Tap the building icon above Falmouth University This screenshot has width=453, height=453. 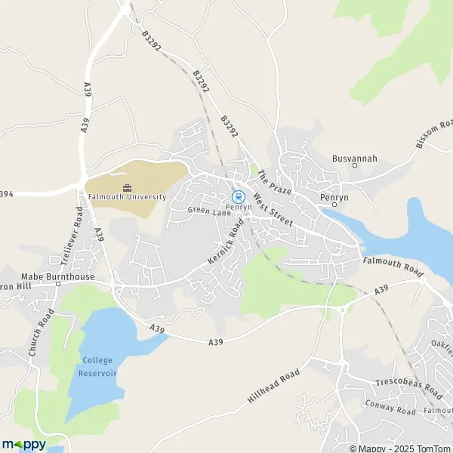coord(127,187)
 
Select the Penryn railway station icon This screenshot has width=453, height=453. coord(239,196)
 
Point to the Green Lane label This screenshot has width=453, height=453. coord(208,211)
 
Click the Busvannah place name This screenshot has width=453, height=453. coord(354,159)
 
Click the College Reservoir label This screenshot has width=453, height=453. coord(95,366)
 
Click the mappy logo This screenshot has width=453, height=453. coord(23,444)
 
